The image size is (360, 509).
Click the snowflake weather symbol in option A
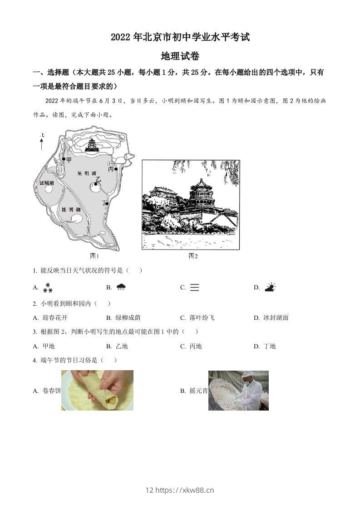pyautogui.click(x=48, y=287)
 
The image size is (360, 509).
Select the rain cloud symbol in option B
pyautogui.click(x=121, y=287)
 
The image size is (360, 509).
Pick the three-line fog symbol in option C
pyautogui.click(x=194, y=287)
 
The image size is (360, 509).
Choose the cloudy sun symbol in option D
pyautogui.click(x=271, y=287)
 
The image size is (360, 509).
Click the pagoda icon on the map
pyautogui.click(x=93, y=145)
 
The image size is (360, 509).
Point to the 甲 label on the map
pyautogui.click(x=69, y=160)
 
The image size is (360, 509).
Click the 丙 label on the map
pyautogui.click(x=111, y=169)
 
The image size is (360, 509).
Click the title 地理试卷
pyautogui.click(x=180, y=56)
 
